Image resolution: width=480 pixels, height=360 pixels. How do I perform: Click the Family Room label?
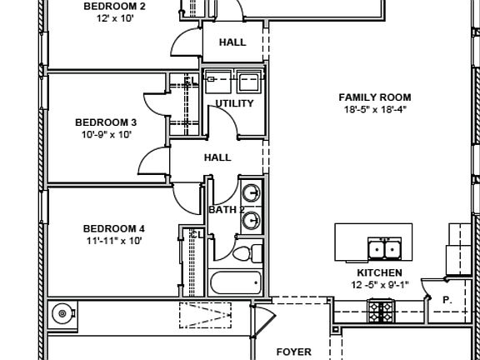pyautogui.click(x=375, y=97)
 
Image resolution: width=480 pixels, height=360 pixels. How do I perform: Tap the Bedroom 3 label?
pyautogui.click(x=106, y=122)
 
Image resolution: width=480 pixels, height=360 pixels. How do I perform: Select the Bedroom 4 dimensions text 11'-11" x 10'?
pyautogui.click(x=114, y=241)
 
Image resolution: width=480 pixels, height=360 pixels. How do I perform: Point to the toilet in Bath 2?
pyautogui.click(x=247, y=254)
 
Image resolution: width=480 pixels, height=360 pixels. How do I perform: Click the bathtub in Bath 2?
pyautogui.click(x=236, y=282)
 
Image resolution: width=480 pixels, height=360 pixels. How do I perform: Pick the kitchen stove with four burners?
pyautogui.click(x=381, y=312)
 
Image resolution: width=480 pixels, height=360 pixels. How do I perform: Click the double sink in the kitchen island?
pyautogui.click(x=384, y=249)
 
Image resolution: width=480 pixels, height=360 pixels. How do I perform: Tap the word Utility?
pyautogui.click(x=234, y=103)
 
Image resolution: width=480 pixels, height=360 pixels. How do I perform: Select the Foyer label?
pyautogui.click(x=294, y=352)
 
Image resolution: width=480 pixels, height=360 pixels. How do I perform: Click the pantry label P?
pyautogui.click(x=447, y=300)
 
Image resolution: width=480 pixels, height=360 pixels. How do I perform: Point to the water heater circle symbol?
pyautogui.click(x=62, y=313)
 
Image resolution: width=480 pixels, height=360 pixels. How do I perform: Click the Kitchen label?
pyautogui.click(x=380, y=272)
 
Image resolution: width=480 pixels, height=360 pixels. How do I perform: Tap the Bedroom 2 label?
pyautogui.click(x=114, y=6)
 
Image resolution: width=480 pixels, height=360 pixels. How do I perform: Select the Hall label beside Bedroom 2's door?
pyautogui.click(x=232, y=42)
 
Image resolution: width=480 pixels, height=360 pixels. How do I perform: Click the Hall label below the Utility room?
pyautogui.click(x=217, y=157)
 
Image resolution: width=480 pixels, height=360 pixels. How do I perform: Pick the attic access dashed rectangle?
pyautogui.click(x=205, y=315)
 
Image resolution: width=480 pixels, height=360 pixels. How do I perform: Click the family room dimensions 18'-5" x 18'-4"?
pyautogui.click(x=375, y=109)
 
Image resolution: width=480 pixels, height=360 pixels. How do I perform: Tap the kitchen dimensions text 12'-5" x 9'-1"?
pyautogui.click(x=380, y=285)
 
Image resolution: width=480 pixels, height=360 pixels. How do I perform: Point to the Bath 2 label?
pyautogui.click(x=227, y=210)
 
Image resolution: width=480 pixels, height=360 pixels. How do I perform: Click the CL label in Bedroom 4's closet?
pyautogui.click(x=197, y=235)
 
